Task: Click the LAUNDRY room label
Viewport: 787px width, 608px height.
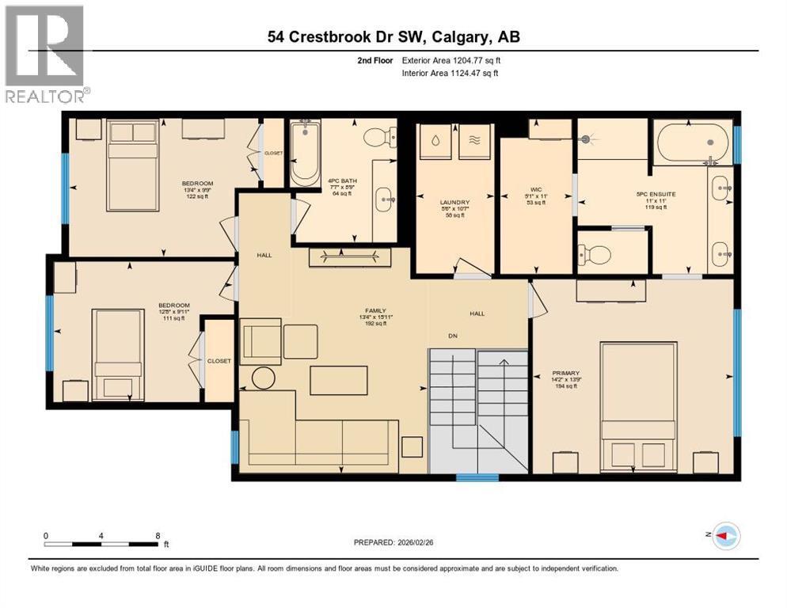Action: click(454, 203)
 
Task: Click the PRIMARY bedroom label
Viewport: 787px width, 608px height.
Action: click(566, 373)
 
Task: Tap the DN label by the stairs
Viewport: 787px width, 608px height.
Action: click(454, 336)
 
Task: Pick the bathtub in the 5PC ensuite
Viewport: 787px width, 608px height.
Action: click(690, 141)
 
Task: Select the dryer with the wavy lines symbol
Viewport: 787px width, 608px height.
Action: click(474, 139)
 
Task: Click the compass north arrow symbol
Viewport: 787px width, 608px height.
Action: click(725, 536)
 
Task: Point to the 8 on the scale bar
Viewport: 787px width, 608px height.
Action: click(158, 535)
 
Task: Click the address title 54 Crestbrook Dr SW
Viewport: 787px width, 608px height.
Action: click(393, 37)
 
